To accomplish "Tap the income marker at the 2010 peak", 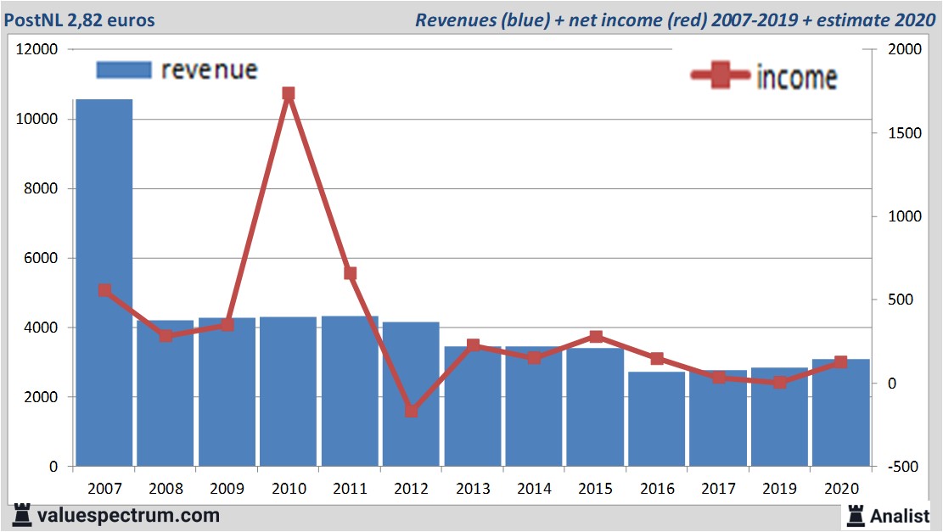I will coord(289,94).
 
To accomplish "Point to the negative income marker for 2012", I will coord(412,411).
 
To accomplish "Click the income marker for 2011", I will coord(350,273).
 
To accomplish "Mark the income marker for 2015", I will coord(596,337).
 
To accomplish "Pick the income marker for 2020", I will coord(841,362).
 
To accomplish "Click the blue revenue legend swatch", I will coord(123,70).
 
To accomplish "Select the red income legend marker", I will coord(721,76).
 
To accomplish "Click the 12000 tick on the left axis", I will coord(37,49).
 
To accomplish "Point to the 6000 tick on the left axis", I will coord(41,258).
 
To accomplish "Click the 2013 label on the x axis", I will coord(473,489).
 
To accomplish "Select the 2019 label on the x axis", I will coord(779,489).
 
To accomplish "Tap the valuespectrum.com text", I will coord(127,515).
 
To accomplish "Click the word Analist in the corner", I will coord(901,515).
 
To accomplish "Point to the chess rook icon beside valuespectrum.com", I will coord(23,515).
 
